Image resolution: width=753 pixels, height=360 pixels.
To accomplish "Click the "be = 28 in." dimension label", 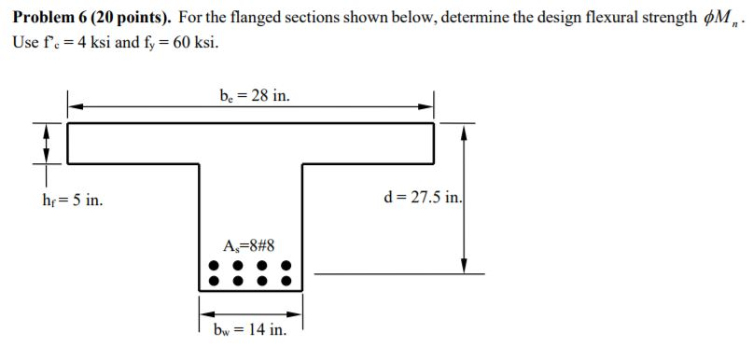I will [x=248, y=94].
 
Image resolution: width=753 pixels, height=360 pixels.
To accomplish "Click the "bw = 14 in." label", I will [x=249, y=330].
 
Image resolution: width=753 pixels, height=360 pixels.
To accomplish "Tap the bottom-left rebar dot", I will [x=214, y=279].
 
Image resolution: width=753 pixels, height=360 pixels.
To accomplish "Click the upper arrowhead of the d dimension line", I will [x=464, y=132].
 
